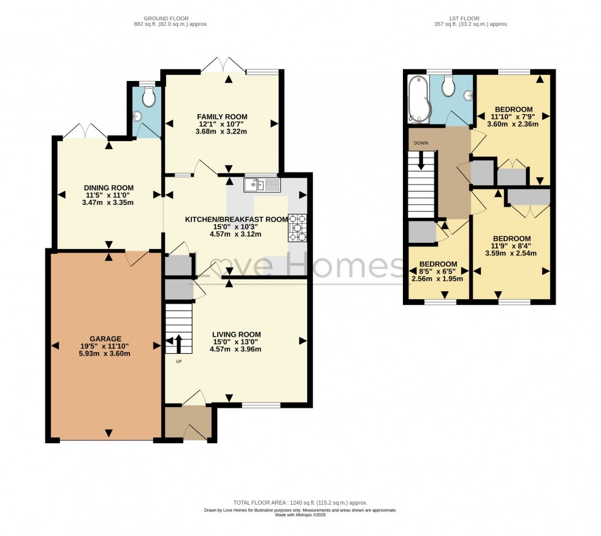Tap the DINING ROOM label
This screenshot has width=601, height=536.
click(x=109, y=188)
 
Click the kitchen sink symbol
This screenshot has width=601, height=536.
click(x=262, y=184)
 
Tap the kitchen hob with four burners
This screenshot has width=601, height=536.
click(x=297, y=228)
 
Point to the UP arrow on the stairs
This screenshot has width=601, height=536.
click(x=179, y=344)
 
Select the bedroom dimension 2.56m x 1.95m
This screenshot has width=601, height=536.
click(x=437, y=279)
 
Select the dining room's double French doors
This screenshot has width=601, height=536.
click(x=85, y=132)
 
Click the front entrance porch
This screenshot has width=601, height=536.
click(x=188, y=423)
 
